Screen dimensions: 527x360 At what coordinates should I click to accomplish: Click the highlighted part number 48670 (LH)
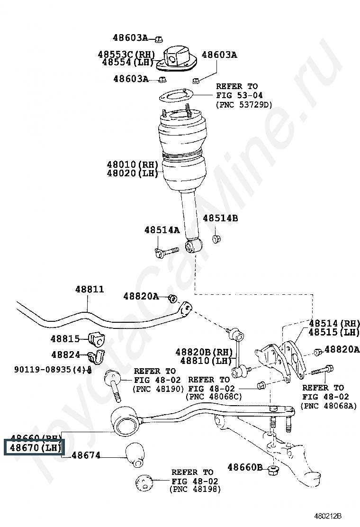click(34, 447)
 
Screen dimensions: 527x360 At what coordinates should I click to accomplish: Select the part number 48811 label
click(89, 289)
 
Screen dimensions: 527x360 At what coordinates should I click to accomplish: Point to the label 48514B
click(220, 218)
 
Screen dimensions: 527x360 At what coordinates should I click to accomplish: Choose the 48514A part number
click(162, 230)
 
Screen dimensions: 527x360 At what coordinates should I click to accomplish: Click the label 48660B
click(244, 467)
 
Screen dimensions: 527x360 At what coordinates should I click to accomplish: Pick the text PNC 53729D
click(244, 104)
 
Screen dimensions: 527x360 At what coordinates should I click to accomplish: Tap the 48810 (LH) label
click(204, 360)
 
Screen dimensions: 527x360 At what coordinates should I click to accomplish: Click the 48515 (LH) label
click(333, 332)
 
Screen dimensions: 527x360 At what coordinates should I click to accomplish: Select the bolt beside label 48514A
click(166, 251)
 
